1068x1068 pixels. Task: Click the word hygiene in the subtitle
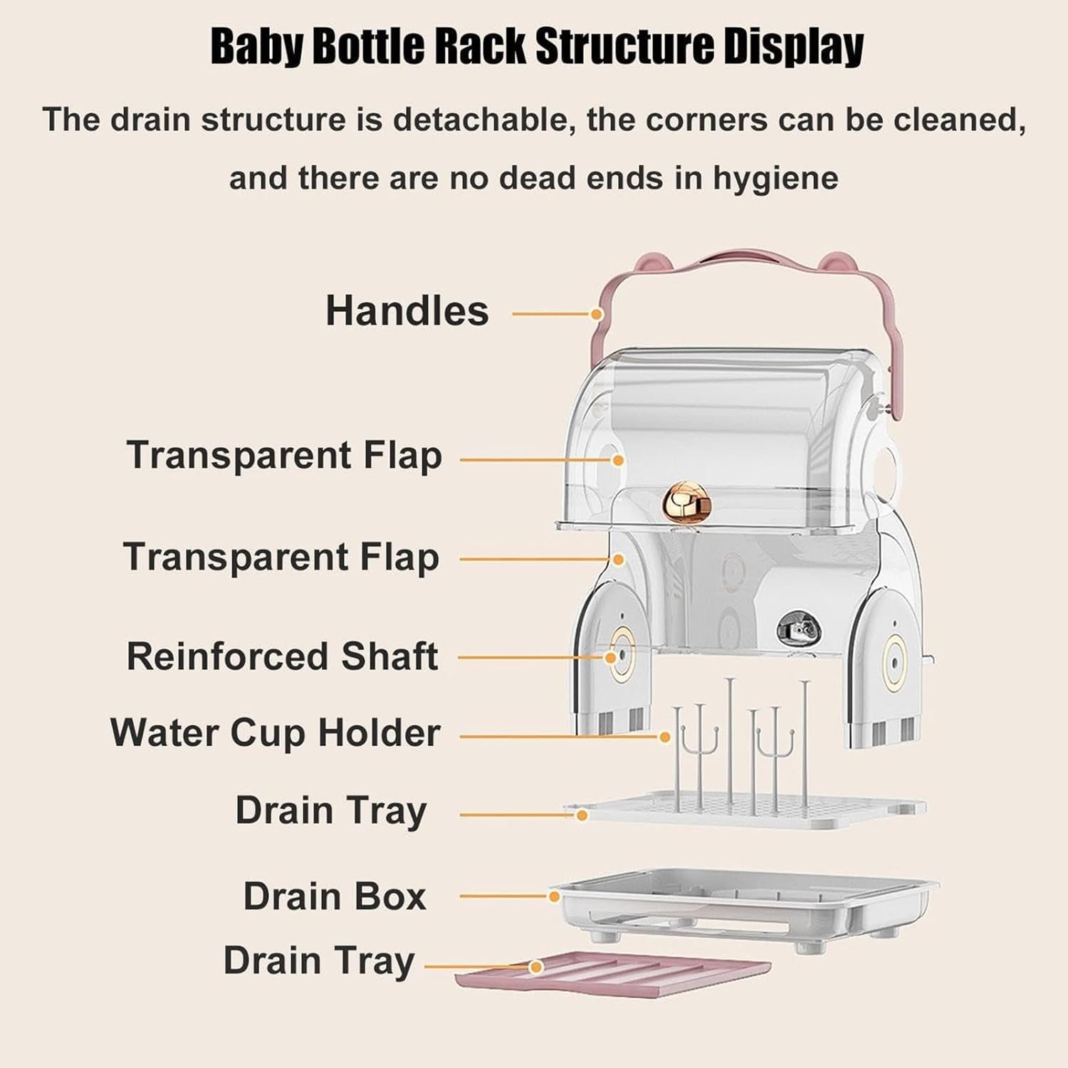point(775,178)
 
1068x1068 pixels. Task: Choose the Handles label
point(407,311)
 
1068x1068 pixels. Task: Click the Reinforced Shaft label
point(282,656)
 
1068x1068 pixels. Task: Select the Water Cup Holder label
point(275,733)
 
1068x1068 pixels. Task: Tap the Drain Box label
point(334,896)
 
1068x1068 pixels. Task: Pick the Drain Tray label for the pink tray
point(318,960)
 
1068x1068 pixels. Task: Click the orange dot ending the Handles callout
point(597,314)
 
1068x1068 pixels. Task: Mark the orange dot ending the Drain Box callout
point(554,896)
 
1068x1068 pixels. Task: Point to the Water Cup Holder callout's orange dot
point(665,738)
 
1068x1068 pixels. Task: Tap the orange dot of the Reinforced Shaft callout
point(610,658)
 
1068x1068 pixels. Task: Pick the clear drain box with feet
point(740,908)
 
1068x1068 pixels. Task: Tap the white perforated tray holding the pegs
point(748,812)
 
